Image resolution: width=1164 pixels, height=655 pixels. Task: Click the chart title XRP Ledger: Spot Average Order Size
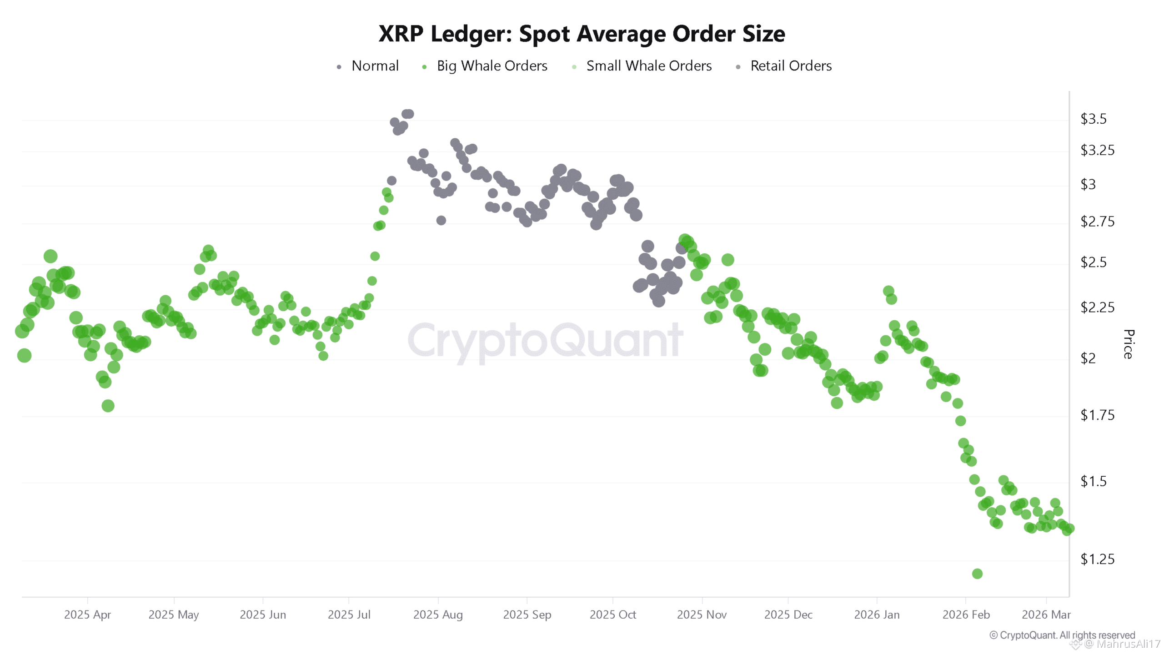point(582,34)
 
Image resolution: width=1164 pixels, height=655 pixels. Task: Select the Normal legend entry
point(375,66)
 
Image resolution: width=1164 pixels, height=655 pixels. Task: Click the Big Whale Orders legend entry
point(492,66)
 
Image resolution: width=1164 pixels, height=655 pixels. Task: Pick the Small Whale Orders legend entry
point(648,66)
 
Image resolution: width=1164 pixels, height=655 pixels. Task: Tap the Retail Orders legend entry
point(791,66)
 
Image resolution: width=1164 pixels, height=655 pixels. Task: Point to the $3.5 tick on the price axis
point(1093,119)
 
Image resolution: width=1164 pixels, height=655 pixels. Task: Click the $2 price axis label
point(1088,358)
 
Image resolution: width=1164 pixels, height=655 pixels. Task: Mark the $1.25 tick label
point(1097,559)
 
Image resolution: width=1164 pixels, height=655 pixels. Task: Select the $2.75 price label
point(1097,222)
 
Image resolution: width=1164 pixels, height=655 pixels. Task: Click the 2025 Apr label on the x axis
point(87,615)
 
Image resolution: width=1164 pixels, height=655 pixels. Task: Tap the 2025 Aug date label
point(438,615)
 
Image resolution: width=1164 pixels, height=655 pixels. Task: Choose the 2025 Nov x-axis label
point(702,615)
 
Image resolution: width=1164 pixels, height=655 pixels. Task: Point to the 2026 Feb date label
point(966,615)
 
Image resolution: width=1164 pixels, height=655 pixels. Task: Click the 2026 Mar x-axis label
point(1046,615)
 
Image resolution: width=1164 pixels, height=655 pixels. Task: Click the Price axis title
point(1129,344)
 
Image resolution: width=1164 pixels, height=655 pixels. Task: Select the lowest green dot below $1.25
point(977,574)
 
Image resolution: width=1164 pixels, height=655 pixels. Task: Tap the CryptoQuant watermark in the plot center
point(545,340)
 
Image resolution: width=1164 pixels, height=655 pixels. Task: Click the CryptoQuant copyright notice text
point(1062,635)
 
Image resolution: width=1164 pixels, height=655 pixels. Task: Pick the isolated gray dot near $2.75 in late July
point(441,221)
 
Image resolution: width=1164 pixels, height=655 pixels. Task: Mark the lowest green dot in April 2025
point(108,406)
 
